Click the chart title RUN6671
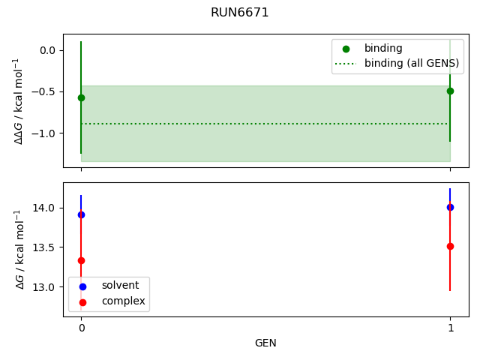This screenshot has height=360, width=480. pos(239,13)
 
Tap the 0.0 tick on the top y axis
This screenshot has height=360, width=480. pos(47,50)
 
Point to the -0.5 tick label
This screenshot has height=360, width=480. pos(45,91)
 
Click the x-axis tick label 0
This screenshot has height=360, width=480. pos(81,328)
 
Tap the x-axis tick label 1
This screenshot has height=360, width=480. pos(450,328)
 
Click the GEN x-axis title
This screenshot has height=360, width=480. pos(265,343)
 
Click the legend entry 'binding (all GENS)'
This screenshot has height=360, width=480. pos(411,63)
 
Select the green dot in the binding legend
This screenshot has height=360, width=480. pos(346,49)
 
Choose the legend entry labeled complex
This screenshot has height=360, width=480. pos(123,301)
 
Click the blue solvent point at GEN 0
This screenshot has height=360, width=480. pos(81,214)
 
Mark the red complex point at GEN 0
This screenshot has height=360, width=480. pos(81,260)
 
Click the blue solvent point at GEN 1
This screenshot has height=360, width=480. pos(450,207)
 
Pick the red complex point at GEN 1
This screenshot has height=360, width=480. pos(450,246)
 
